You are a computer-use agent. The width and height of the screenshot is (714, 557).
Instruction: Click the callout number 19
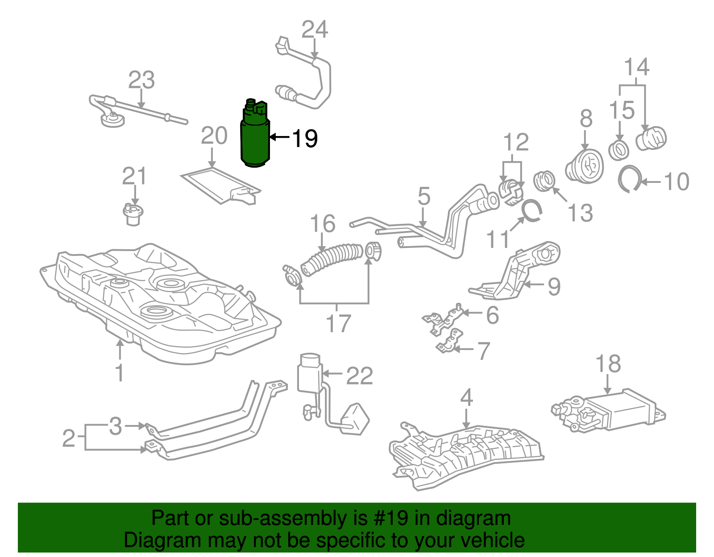point(305,139)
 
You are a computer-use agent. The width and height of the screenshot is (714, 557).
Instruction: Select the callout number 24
point(315,30)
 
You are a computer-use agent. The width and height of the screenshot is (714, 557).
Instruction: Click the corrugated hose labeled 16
point(332,258)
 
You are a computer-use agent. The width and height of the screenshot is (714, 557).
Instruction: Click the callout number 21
point(134,177)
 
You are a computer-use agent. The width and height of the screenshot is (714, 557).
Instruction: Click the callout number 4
point(466,397)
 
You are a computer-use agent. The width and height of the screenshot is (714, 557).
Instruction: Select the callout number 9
point(554,286)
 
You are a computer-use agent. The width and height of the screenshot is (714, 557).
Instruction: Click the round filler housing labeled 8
point(585,167)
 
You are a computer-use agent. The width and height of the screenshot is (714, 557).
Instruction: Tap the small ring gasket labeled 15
point(619,150)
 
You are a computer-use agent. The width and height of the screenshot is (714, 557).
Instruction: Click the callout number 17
point(338,323)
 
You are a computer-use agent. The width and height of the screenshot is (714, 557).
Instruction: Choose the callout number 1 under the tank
point(120,372)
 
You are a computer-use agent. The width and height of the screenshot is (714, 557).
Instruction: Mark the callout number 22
point(359,376)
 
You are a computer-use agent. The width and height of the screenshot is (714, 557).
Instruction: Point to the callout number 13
point(580,213)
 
